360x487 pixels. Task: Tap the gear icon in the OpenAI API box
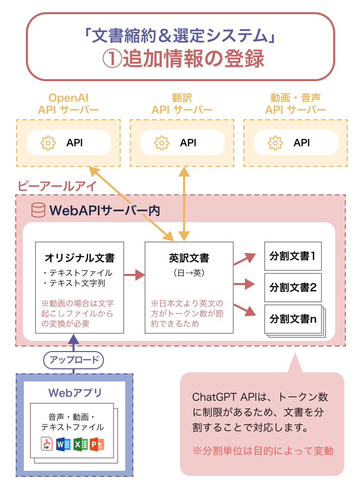click(x=48, y=143)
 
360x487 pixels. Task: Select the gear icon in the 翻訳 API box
click(x=161, y=143)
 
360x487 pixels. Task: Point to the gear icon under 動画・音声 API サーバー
click(x=275, y=143)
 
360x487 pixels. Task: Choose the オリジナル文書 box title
click(x=80, y=258)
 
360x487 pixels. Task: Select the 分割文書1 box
click(x=293, y=256)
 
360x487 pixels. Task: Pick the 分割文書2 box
click(x=293, y=287)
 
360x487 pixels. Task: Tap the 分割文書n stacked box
click(x=293, y=319)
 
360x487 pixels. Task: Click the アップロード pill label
click(x=74, y=360)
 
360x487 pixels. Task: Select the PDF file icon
click(x=47, y=444)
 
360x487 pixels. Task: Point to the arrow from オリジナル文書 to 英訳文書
click(x=134, y=276)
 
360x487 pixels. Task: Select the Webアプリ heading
click(x=75, y=393)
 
